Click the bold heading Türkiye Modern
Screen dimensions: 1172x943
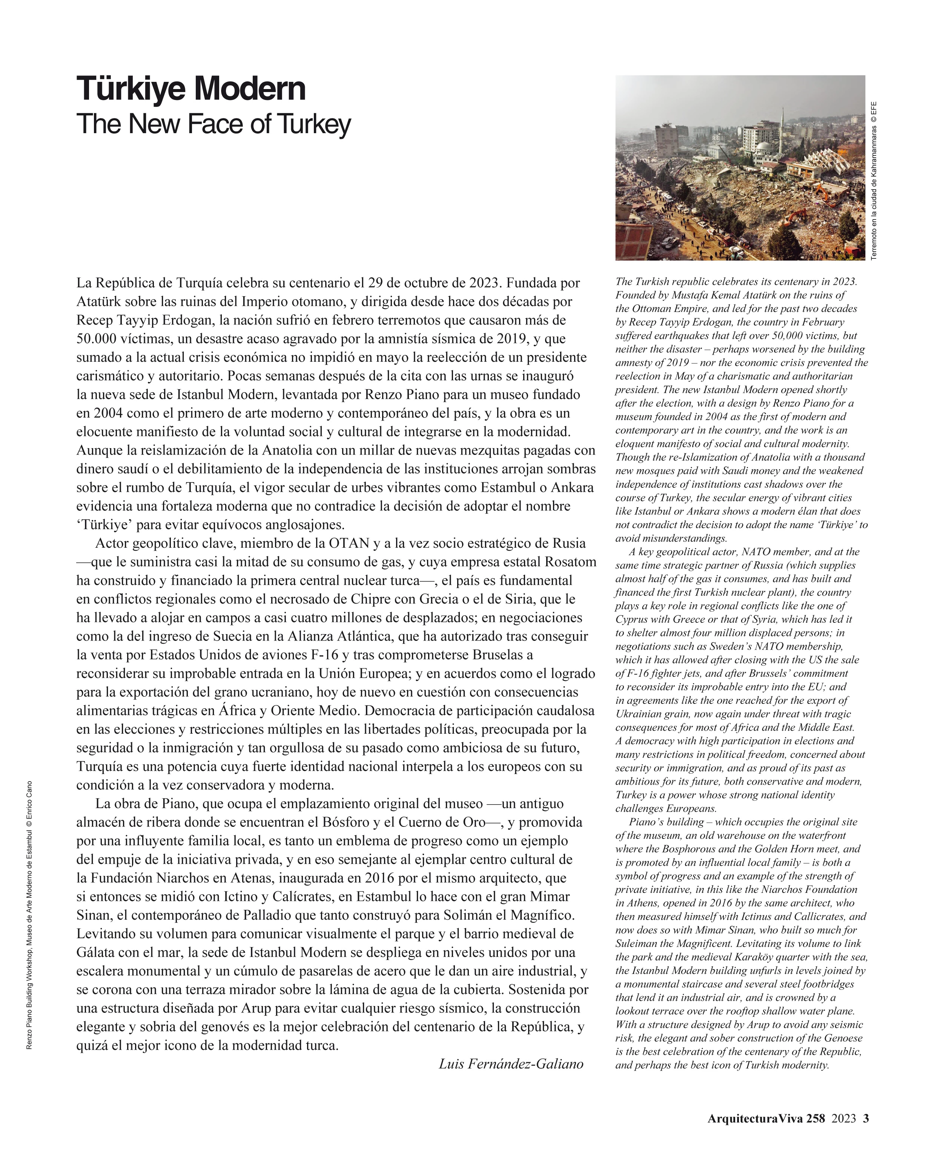191,89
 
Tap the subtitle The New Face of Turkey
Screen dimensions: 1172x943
213,124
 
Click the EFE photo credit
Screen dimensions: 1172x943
874,112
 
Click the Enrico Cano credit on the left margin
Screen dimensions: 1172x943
29,803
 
